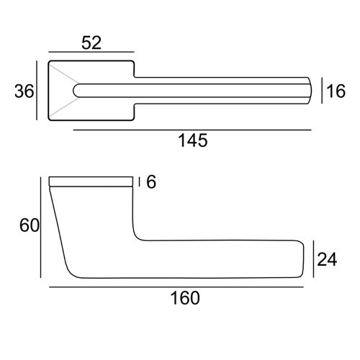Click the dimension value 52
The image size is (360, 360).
click(x=91, y=42)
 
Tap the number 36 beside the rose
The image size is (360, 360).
click(x=24, y=91)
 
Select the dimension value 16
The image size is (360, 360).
click(x=336, y=91)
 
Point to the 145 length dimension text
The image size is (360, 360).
click(x=193, y=140)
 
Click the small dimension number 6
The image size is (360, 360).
click(x=151, y=182)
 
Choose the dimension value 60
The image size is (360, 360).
click(x=30, y=225)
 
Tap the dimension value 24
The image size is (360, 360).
click(x=327, y=259)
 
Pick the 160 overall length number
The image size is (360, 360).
click(x=185, y=298)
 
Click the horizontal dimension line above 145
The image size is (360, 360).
click(x=192, y=130)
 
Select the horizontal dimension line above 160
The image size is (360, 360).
click(x=176, y=287)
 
